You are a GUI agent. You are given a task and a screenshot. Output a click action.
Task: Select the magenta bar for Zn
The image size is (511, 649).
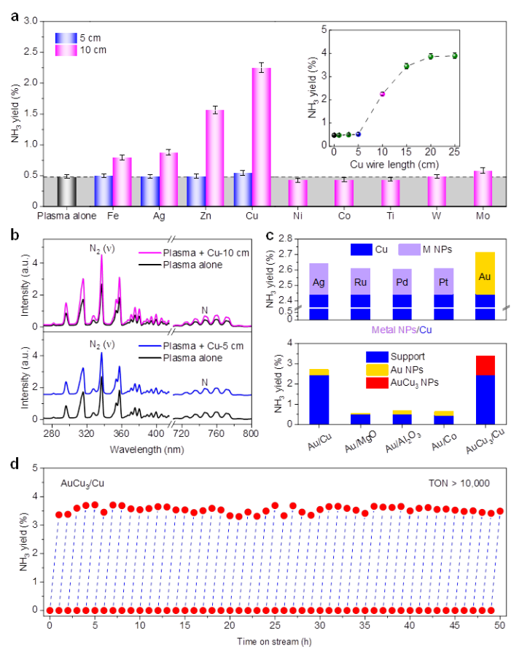(214, 158)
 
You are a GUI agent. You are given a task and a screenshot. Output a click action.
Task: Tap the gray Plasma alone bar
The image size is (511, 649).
(67, 191)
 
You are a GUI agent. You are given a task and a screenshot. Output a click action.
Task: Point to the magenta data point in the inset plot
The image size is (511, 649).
(381, 95)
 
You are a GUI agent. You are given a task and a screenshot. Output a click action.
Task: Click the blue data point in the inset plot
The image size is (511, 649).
(358, 134)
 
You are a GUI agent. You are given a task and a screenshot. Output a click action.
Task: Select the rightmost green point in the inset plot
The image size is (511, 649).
(455, 55)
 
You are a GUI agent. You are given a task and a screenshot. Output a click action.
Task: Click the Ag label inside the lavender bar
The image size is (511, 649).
(319, 281)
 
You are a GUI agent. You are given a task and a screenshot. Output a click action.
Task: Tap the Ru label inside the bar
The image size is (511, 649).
(360, 281)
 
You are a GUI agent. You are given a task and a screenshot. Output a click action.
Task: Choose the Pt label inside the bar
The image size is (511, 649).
(443, 281)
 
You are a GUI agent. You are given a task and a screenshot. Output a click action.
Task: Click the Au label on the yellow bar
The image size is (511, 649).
(485, 277)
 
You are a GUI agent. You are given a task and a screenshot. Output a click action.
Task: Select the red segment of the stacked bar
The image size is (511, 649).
(485, 365)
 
